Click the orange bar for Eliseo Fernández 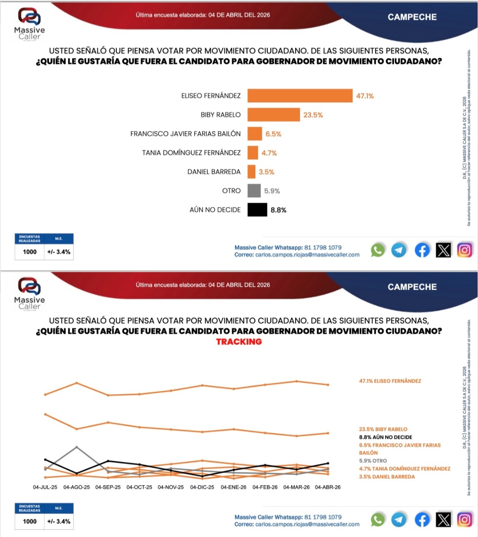(300, 96)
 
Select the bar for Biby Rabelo (274, 115)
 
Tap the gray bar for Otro (254, 191)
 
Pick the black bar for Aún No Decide (257, 210)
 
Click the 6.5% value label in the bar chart (274, 134)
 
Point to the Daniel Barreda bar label (214, 172)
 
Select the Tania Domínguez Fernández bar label (191, 153)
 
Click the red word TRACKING (239, 342)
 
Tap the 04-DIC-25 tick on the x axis (202, 487)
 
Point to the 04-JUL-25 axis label (45, 487)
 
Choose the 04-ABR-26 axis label (328, 487)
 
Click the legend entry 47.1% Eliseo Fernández (390, 381)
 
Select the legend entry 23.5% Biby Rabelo (383, 429)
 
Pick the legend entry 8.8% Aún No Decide (385, 437)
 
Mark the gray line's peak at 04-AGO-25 (77, 447)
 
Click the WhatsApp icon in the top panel (378, 250)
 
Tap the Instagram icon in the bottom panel (464, 519)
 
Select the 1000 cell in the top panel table (30, 252)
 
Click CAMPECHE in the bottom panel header (412, 287)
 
